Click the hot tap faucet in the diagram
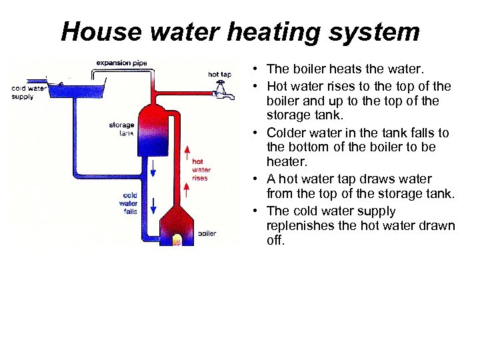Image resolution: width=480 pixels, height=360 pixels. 225,93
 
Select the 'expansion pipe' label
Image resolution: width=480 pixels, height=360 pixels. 121,63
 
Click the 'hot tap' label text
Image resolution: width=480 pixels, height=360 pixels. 220,75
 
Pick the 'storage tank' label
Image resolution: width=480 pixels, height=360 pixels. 121,129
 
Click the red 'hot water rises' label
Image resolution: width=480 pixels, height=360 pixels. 200,169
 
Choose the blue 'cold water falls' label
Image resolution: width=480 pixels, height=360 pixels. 129,203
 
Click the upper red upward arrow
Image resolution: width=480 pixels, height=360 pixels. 188,153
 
